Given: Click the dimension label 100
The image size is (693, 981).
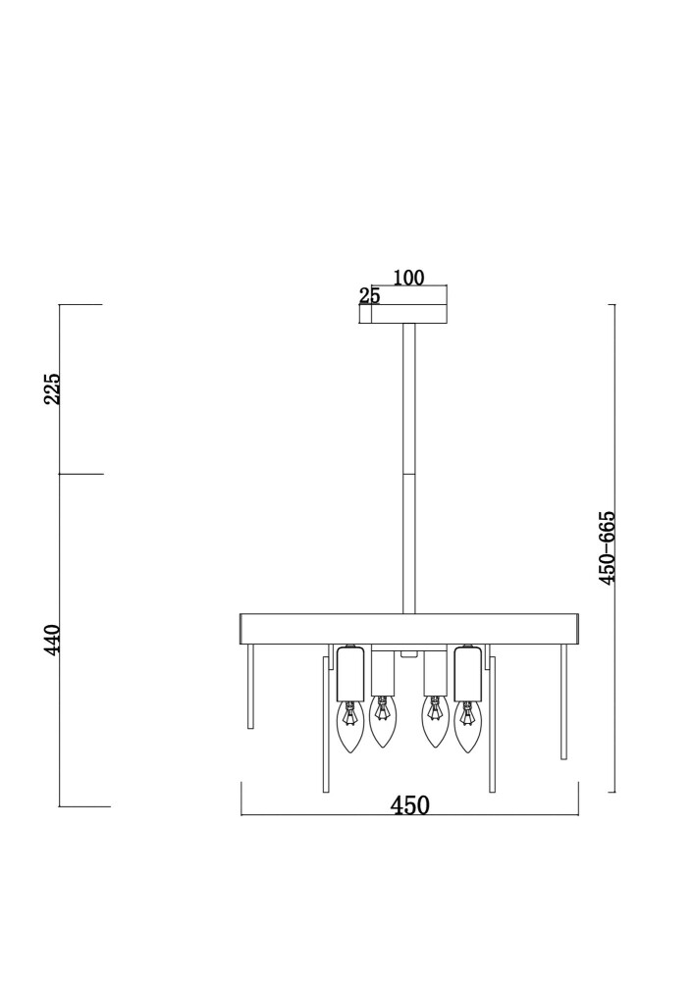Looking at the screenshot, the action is pyautogui.click(x=408, y=278).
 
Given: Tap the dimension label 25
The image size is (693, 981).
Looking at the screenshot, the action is pyautogui.click(x=369, y=296).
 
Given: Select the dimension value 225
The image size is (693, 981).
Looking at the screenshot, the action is pyautogui.click(x=53, y=388).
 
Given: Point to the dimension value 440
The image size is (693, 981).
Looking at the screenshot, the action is pyautogui.click(x=53, y=639).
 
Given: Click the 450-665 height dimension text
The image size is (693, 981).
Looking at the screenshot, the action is pyautogui.click(x=608, y=547).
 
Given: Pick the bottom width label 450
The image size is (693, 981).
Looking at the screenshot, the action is pyautogui.click(x=410, y=805).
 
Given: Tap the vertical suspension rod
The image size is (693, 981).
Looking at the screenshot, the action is pyautogui.click(x=408, y=469).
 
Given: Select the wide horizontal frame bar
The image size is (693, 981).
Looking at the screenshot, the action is pyautogui.click(x=409, y=630).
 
